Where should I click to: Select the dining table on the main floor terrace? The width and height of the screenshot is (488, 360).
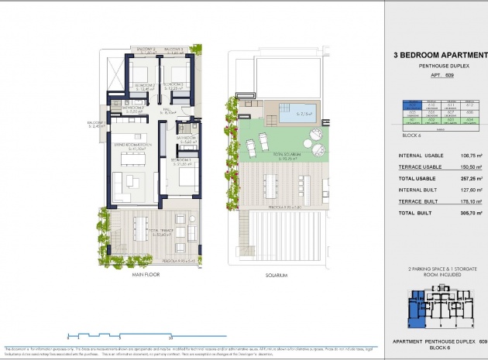140,228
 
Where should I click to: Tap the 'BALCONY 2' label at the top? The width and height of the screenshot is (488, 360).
144,50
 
